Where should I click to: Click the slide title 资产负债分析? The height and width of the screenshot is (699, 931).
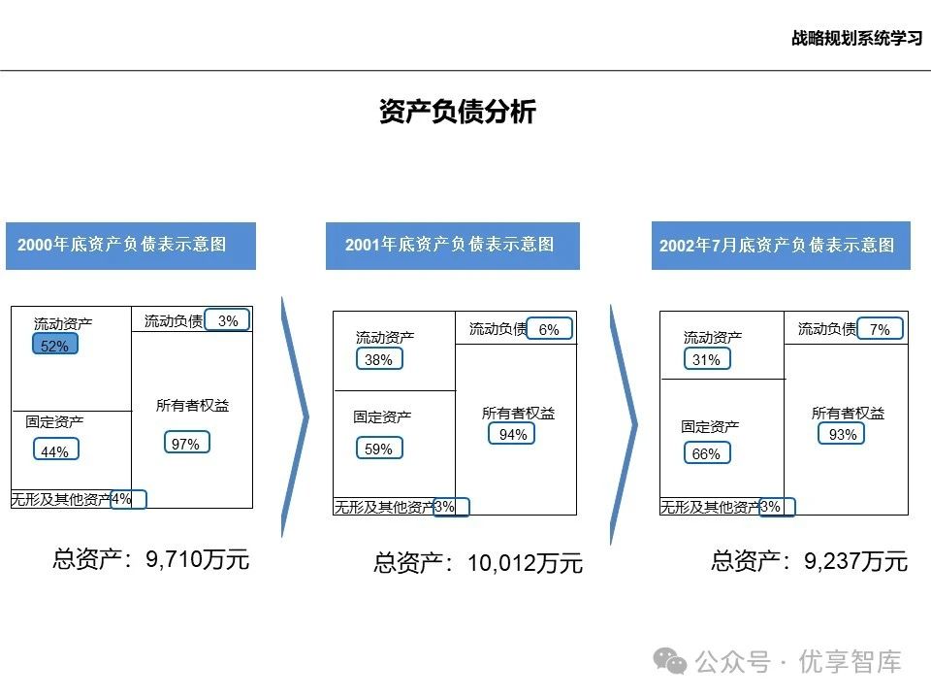[458, 112]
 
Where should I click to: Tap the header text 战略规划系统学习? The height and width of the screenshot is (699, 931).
[854, 39]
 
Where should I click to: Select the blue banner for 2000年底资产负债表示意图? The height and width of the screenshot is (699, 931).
[131, 245]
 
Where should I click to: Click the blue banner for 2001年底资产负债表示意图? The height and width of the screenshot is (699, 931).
[452, 245]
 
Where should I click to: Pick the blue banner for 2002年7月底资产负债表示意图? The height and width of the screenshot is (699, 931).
[781, 246]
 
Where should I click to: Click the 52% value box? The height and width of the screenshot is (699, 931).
[55, 346]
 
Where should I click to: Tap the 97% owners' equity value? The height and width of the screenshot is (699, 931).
[186, 444]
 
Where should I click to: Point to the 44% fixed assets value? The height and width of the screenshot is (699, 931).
[55, 450]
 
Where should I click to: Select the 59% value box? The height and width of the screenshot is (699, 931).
[378, 449]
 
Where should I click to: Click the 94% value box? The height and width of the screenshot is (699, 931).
[512, 434]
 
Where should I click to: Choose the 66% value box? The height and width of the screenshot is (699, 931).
[707, 453]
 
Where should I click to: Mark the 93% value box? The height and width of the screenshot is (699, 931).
[842, 435]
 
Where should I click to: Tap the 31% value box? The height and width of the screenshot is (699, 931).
[707, 359]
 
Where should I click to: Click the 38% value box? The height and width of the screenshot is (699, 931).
[378, 359]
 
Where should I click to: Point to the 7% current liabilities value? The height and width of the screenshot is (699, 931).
[880, 329]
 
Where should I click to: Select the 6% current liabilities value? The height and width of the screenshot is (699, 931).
[549, 329]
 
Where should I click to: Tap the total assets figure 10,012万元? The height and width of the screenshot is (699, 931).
[525, 564]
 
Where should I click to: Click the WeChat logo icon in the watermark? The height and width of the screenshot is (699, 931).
[671, 662]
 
